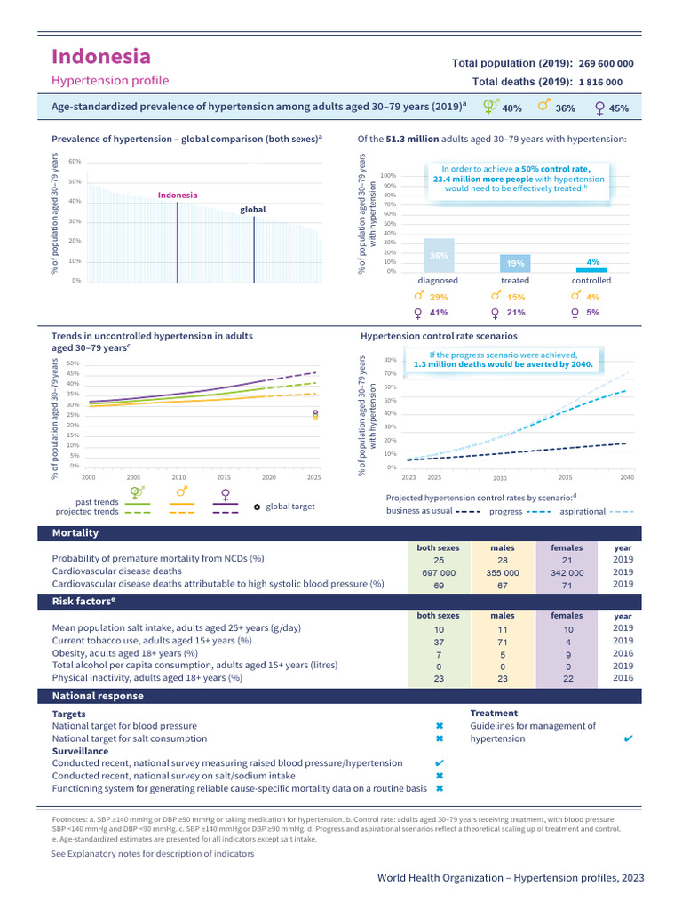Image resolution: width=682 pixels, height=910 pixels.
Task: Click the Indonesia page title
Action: (100, 57)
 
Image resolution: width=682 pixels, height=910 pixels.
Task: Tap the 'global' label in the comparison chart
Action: (253, 210)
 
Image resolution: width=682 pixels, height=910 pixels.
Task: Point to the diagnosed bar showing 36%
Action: (439, 254)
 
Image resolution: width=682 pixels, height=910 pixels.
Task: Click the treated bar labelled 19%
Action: (515, 263)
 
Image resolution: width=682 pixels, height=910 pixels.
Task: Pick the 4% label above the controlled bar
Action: (593, 262)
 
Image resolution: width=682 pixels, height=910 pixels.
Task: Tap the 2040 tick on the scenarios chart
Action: (627, 478)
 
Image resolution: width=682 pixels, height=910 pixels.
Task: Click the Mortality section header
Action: (75, 533)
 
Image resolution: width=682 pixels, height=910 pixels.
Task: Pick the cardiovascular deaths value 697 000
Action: (439, 573)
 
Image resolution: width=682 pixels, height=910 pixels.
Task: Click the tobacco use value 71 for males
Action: (503, 641)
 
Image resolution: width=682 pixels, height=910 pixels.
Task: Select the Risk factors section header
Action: (84, 602)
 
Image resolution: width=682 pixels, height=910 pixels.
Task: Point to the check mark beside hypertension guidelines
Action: (629, 738)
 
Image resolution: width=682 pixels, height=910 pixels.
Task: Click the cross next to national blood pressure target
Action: (440, 726)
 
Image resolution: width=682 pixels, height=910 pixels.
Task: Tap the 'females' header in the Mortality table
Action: (567, 548)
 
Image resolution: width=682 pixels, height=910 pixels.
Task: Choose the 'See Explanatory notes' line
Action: (153, 853)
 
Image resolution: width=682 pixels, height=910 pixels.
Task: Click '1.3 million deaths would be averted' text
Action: (503, 364)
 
